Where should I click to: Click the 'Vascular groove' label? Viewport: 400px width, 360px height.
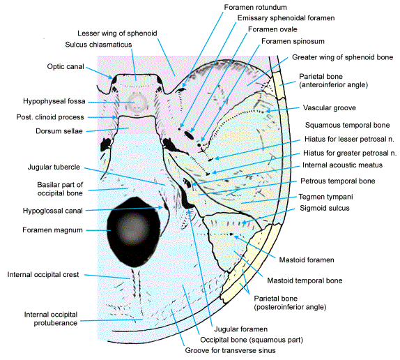[x=330, y=108]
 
